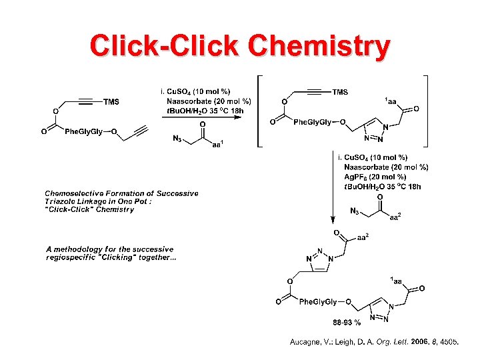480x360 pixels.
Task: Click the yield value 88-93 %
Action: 347,323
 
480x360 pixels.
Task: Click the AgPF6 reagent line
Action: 375,177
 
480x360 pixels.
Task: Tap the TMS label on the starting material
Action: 111,102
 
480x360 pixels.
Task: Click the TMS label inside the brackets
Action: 340,92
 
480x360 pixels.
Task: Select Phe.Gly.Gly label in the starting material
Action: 83,131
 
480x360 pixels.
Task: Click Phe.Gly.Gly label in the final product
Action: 317,302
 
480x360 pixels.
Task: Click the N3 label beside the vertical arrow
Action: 355,211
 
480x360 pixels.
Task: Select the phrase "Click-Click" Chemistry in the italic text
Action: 89,209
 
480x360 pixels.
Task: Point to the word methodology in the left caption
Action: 83,249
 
